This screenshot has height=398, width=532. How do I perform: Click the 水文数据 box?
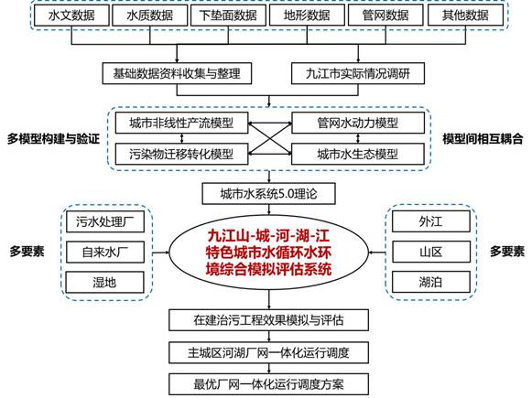pyautogui.click(x=71, y=16)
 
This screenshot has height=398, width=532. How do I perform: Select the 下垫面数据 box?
pyautogui.click(x=228, y=16)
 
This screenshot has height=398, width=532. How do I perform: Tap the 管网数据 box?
pyautogui.click(x=385, y=16)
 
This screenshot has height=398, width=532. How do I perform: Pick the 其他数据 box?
pyautogui.click(x=465, y=16)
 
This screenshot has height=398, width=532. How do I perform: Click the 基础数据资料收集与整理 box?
pyautogui.click(x=177, y=73)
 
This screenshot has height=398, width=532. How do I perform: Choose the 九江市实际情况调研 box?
pyautogui.click(x=358, y=73)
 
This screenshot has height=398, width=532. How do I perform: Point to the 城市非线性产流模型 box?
pyautogui.click(x=181, y=123)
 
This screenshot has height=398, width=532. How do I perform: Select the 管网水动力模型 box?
pyautogui.click(x=358, y=123)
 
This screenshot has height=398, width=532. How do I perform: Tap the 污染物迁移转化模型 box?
pyautogui.click(x=181, y=155)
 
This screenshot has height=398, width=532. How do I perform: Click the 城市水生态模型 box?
pyautogui.click(x=358, y=155)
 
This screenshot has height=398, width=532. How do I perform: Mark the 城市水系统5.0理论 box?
pyautogui.click(x=268, y=194)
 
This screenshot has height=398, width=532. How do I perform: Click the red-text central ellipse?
pyautogui.click(x=268, y=253)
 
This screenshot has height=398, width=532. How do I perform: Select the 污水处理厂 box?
pyautogui.click(x=105, y=221)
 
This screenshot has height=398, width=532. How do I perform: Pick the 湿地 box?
pyautogui.click(x=105, y=282)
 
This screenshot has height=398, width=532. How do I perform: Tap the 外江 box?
pyautogui.click(x=431, y=221)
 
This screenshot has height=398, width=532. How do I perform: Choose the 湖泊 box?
pyautogui.click(x=431, y=282)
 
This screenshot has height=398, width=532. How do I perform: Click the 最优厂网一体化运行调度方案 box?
pyautogui.click(x=268, y=384)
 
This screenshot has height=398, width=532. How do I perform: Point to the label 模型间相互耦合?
pyautogui.click(x=483, y=139)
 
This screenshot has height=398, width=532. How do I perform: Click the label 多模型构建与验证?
pyautogui.click(x=53, y=139)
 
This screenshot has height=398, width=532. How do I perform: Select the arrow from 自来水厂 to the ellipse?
pyautogui.click(x=161, y=253)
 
